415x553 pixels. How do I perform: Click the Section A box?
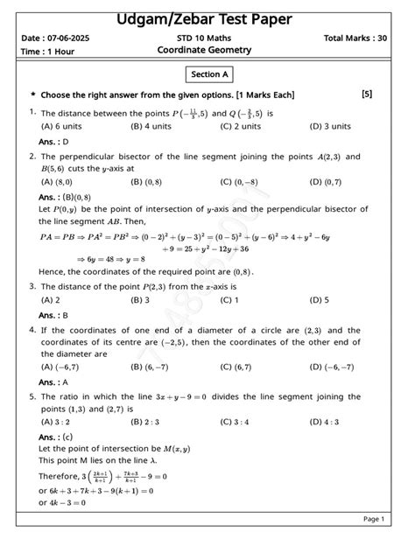207,75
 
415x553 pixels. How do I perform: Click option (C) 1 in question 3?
230,300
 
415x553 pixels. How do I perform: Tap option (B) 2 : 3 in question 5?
147,422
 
